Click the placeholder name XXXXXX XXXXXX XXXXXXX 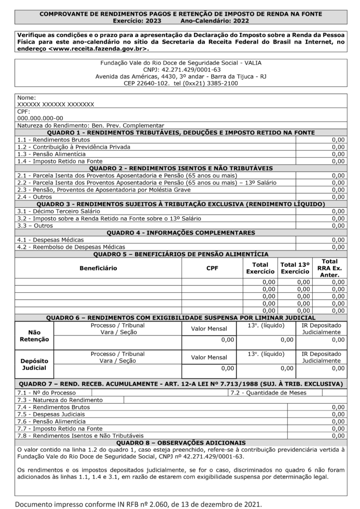pyautogui.click(x=56, y=105)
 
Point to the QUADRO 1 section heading pyautogui.click(x=180, y=133)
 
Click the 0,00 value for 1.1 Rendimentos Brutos pyautogui.click(x=338, y=140)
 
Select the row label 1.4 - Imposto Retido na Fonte pyautogui.click(x=60, y=161)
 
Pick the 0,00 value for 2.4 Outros pyautogui.click(x=338, y=197)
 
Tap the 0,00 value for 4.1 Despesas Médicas pyautogui.click(x=338, y=240)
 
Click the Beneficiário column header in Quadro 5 pyautogui.click(x=98, y=268)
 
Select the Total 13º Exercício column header pyautogui.click(x=295, y=268)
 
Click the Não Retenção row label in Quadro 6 pyautogui.click(x=34, y=336)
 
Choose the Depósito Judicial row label pyautogui.click(x=34, y=364)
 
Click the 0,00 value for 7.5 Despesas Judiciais pyautogui.click(x=338, y=414)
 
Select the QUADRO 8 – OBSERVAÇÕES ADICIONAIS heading pyautogui.click(x=180, y=442)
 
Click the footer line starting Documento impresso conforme pyautogui.click(x=137, y=503)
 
